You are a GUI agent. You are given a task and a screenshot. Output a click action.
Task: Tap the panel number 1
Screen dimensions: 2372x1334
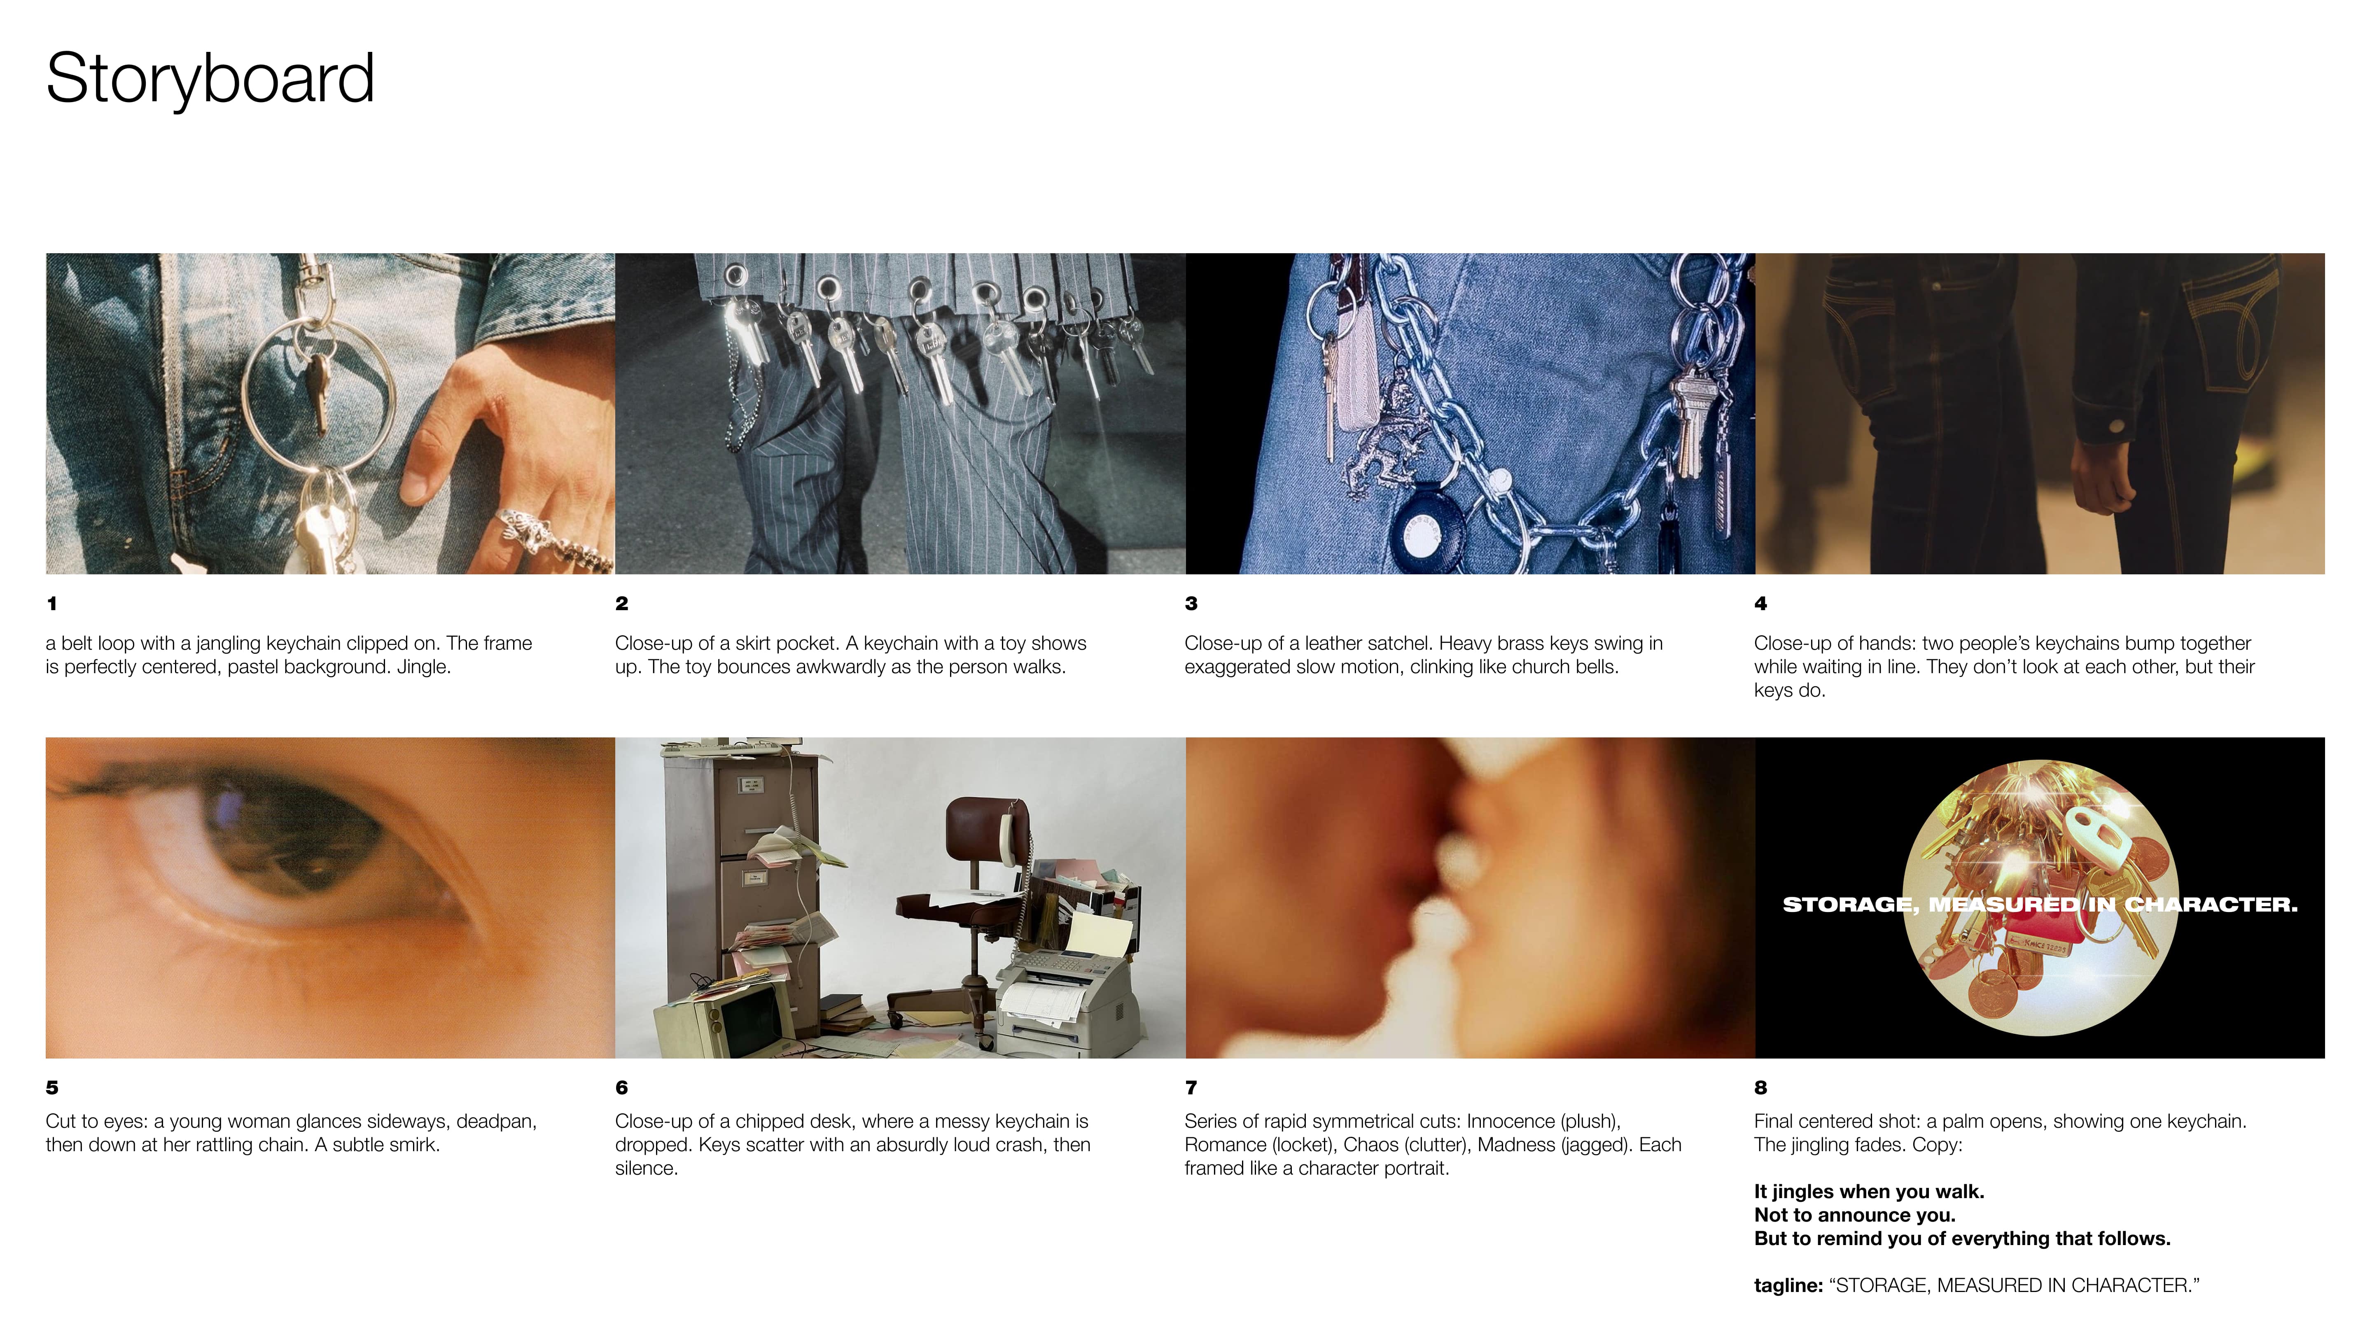pos(51,604)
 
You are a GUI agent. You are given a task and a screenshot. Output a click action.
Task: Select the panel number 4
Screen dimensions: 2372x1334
pos(1760,604)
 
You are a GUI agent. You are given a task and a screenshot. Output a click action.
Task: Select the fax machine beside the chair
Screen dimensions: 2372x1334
pos(1068,999)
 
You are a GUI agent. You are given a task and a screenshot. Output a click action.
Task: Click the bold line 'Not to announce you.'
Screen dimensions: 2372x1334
pos(1854,1215)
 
